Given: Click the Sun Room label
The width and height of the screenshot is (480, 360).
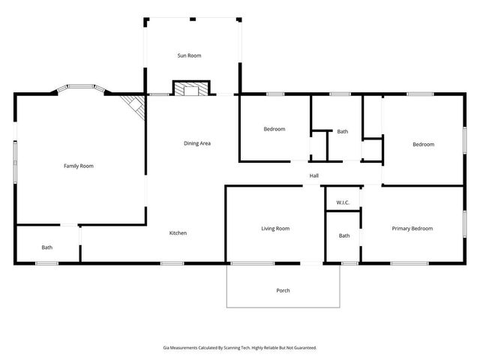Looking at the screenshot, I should click(189, 55).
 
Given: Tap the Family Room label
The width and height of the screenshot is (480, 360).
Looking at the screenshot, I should click(78, 166).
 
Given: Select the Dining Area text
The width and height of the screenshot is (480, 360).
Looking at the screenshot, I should click(197, 142).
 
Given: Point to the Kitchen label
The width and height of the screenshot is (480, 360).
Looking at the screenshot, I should click(178, 233).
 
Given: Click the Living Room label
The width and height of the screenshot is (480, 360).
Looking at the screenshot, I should click(275, 228).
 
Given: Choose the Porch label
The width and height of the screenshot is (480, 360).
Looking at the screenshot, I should click(283, 290).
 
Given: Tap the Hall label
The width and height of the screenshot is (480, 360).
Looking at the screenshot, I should click(314, 176).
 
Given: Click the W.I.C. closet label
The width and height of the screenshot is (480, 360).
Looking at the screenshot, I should click(343, 202).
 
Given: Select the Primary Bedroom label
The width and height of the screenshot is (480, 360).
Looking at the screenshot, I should click(412, 228).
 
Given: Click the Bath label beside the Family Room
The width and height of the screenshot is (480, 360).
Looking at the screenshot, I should click(47, 247).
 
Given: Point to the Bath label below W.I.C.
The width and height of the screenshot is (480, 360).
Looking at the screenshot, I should click(344, 235).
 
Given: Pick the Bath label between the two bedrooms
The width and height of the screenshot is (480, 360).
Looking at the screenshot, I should click(342, 131).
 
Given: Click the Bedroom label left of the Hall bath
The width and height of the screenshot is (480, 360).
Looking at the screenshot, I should click(274, 129).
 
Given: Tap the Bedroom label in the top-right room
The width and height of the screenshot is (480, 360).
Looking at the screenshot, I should click(423, 144).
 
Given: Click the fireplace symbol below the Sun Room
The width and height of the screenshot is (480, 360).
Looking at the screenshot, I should click(191, 90).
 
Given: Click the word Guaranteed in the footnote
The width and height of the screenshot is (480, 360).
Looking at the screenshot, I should click(301, 347).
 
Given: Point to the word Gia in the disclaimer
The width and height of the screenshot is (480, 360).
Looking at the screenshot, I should click(166, 347).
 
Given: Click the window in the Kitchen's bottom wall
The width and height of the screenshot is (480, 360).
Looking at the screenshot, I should click(172, 262).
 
